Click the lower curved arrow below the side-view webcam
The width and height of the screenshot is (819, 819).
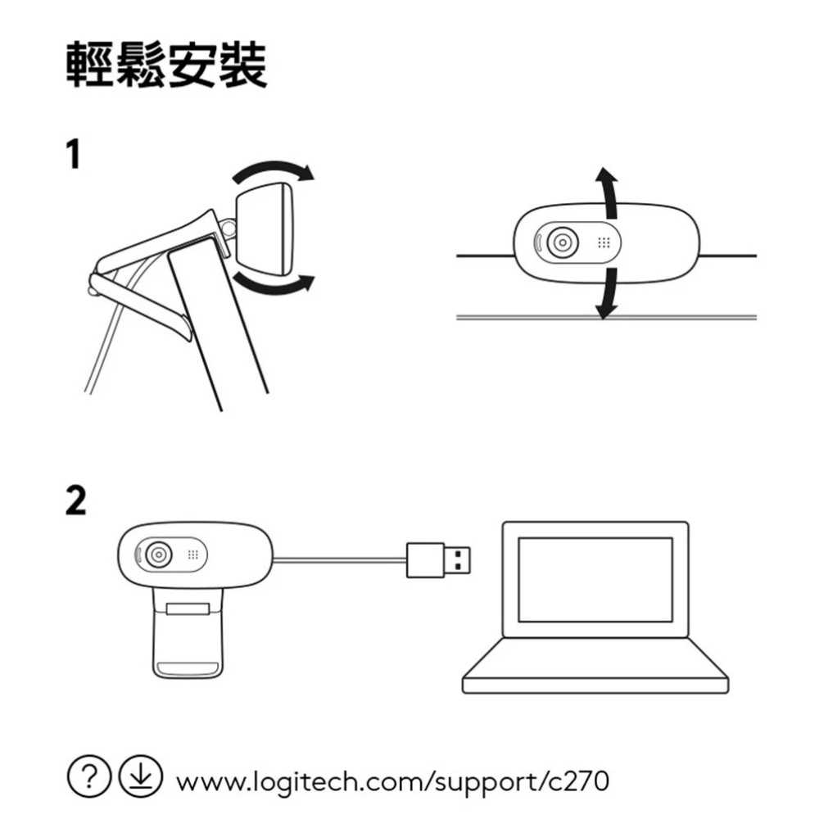pos(274,283)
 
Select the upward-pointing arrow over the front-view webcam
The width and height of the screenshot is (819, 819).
pos(606,192)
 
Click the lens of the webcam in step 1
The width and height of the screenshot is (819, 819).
pos(562,243)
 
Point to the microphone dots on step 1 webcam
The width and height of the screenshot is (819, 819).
pos(604,243)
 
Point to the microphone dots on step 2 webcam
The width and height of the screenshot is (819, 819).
pos(193,554)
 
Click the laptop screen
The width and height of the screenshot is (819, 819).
pos(595,579)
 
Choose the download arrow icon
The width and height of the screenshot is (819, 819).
pos(141,776)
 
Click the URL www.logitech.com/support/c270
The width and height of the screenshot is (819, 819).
pos(392,781)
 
